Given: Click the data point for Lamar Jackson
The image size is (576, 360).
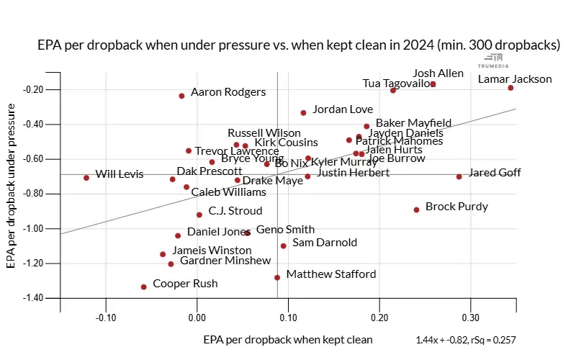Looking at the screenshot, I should pyautogui.click(x=510, y=88).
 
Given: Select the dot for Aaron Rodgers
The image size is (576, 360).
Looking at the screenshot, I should pyautogui.click(x=181, y=96).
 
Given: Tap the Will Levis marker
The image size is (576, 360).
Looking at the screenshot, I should pyautogui.click(x=86, y=178).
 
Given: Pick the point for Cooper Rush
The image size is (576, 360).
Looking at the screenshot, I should pyautogui.click(x=143, y=287).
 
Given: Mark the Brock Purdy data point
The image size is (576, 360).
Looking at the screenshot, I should pyautogui.click(x=416, y=210).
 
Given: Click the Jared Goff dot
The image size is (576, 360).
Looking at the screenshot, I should pyautogui.click(x=459, y=176).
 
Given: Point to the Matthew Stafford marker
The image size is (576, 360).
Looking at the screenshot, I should pyautogui.click(x=277, y=277).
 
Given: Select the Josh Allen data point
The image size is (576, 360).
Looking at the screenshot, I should pyautogui.click(x=433, y=84).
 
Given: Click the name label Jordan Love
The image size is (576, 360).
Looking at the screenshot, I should pyautogui.click(x=343, y=109).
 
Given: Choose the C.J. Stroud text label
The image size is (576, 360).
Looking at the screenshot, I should pyautogui.click(x=235, y=211).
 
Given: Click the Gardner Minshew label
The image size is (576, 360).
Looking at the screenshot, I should pyautogui.click(x=225, y=261).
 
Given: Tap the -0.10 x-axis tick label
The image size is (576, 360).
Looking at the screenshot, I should pyautogui.click(x=106, y=317).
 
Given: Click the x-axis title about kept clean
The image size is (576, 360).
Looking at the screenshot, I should pyautogui.click(x=288, y=339).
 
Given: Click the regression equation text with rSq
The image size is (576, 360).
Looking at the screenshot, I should pyautogui.click(x=466, y=340).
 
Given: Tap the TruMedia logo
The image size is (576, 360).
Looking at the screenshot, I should pyautogui.click(x=494, y=60).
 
